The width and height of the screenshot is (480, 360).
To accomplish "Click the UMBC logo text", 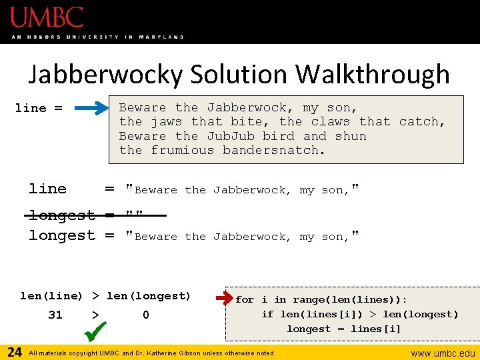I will pyautogui.click(x=47, y=17).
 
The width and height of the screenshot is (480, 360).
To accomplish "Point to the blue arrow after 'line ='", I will pyautogui.click(x=93, y=107).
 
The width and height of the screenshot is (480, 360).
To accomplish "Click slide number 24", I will pyautogui.click(x=14, y=352).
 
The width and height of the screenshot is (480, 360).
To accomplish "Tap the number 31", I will pyautogui.click(x=55, y=315).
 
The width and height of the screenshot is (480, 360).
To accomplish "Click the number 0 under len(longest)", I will pyautogui.click(x=146, y=315).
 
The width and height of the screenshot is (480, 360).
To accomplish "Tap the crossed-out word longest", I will pyautogui.click(x=61, y=215).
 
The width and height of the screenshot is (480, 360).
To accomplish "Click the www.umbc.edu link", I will pyautogui.click(x=443, y=353).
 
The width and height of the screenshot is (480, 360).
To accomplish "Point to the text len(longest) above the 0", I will pyautogui.click(x=147, y=295).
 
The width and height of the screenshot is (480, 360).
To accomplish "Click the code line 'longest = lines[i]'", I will pyautogui.click(x=344, y=329).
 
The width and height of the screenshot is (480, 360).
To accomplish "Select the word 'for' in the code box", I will pyautogui.click(x=245, y=300).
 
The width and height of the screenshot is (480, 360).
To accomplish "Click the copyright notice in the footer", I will pyautogui.click(x=151, y=353).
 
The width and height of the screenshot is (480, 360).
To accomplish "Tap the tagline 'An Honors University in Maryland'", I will pyautogui.click(x=97, y=37).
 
